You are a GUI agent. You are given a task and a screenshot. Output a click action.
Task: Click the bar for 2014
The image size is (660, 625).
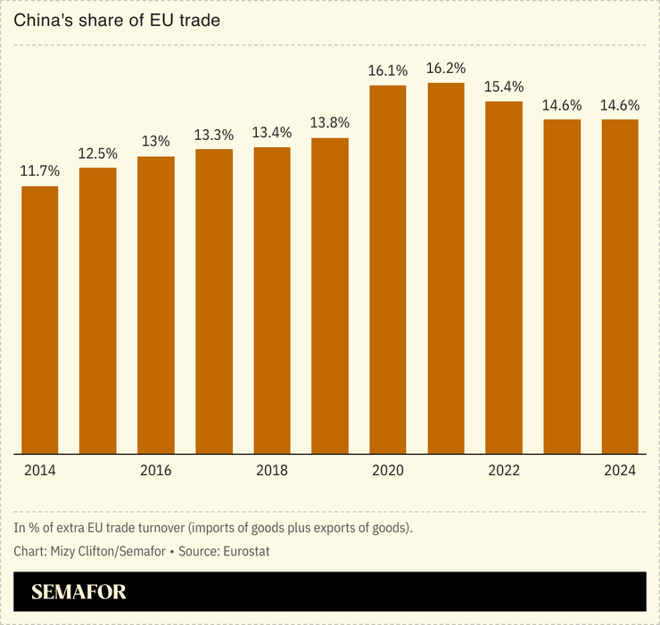pyautogui.click(x=40, y=320)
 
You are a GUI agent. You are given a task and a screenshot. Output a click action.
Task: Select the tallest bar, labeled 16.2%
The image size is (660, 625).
pyautogui.click(x=446, y=268)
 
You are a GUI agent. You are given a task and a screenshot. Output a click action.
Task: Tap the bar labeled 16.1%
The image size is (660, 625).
pyautogui.click(x=388, y=269)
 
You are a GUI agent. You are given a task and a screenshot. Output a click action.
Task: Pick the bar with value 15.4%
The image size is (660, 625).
pyautogui.click(x=504, y=277)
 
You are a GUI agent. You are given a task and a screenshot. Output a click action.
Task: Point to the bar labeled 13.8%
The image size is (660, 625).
pyautogui.click(x=330, y=295)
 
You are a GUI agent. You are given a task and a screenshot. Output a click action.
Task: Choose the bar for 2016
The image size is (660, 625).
pyautogui.click(x=156, y=305)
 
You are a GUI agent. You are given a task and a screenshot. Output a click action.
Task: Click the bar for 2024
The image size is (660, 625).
pyautogui.click(x=620, y=286)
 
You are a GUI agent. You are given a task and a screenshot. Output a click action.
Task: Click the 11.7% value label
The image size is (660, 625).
pyautogui.click(x=40, y=170)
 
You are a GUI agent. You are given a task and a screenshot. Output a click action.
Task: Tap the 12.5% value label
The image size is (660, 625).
pyautogui.click(x=98, y=152)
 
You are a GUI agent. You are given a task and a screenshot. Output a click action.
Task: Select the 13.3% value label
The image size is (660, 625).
pyautogui.click(x=214, y=135)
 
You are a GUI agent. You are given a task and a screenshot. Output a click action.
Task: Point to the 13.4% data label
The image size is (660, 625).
pyautogui.click(x=272, y=133)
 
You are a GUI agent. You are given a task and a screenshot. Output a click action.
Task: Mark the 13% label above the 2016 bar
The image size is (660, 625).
pyautogui.click(x=156, y=141)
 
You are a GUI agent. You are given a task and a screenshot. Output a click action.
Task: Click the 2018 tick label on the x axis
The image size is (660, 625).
pyautogui.click(x=272, y=471)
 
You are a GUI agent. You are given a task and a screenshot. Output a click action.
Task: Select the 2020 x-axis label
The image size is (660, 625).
pyautogui.click(x=388, y=471)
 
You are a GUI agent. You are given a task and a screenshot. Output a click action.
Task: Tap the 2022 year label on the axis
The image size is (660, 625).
pyautogui.click(x=504, y=471)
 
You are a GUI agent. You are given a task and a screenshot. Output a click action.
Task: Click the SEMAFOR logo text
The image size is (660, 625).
pyautogui.click(x=78, y=592)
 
